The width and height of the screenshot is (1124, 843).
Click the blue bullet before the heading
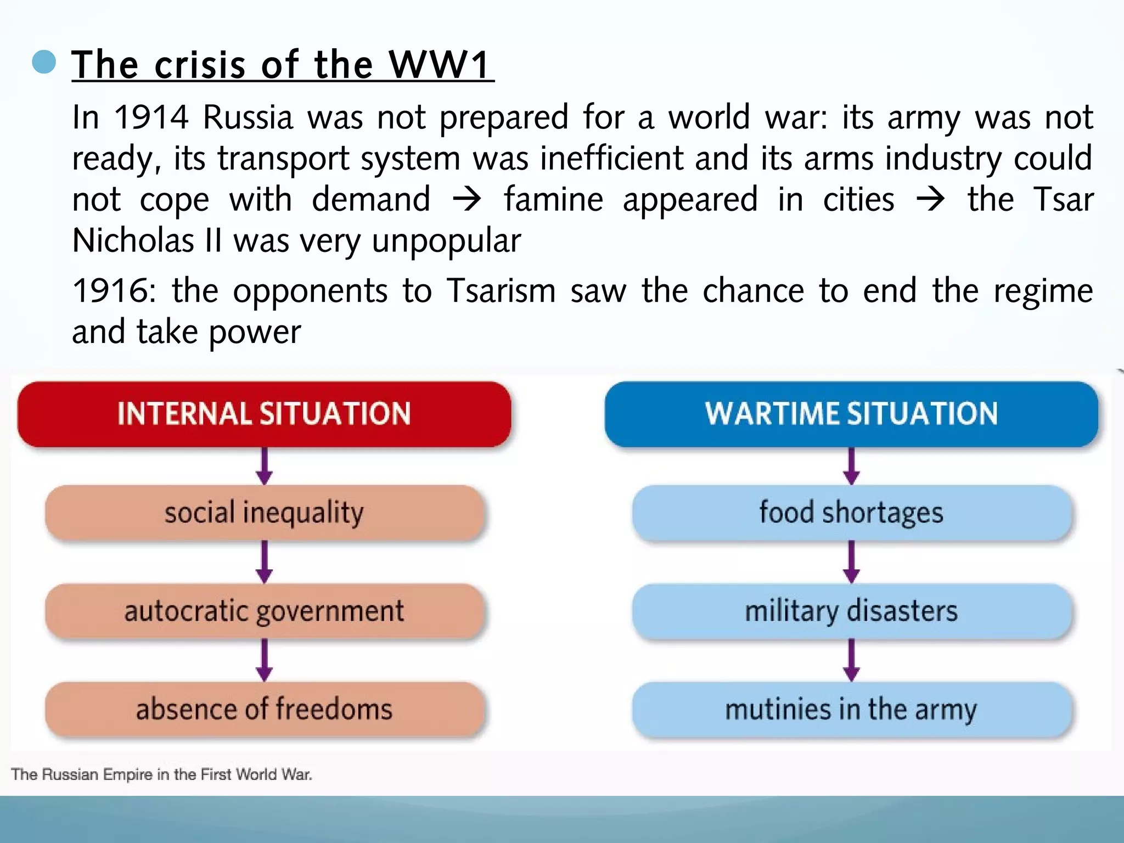coord(44,62)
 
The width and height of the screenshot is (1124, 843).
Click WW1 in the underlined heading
coord(439,65)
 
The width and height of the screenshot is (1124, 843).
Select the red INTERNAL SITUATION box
coord(264,414)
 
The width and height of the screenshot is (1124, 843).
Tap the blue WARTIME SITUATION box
coord(851,414)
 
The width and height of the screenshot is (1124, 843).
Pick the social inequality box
coord(264,513)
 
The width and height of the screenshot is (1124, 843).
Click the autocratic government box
coord(264,611)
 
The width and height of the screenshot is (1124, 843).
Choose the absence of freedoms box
coord(264,709)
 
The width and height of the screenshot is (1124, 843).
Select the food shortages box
coord(851,513)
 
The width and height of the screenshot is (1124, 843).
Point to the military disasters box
coord(851,611)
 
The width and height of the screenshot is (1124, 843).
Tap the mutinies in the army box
coord(851,709)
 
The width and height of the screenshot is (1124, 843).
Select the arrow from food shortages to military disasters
coord(851,562)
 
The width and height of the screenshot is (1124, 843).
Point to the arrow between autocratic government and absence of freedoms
coord(264,660)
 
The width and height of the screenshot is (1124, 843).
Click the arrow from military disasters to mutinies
coord(851,660)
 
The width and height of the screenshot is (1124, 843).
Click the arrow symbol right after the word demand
coord(467,199)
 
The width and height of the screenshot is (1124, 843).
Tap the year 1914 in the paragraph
coord(151,117)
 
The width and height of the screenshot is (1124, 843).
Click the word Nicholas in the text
coord(133,240)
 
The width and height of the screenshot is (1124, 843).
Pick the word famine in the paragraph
coord(553,199)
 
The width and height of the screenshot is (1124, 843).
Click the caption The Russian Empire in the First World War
coord(161,774)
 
